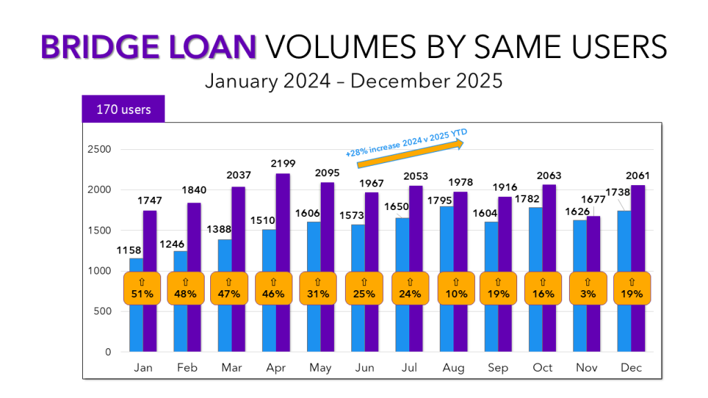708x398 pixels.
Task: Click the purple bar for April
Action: tap(283, 221)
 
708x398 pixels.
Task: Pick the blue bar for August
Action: tap(446, 235)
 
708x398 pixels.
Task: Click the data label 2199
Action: tap(283, 164)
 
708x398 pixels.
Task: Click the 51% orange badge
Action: tap(143, 288)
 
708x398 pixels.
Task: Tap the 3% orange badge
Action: tap(588, 288)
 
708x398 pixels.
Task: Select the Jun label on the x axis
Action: tap(365, 368)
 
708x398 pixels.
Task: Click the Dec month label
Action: tap(631, 368)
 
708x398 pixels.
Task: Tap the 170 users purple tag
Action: tap(123, 109)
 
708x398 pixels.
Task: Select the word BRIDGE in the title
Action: tap(102, 47)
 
